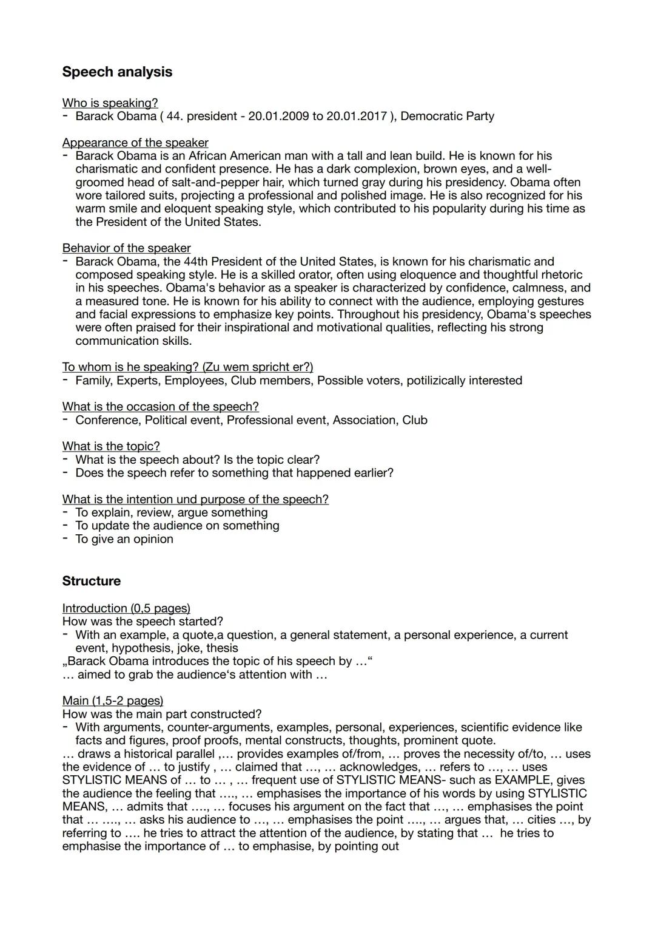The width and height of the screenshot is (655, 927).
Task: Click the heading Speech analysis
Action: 117,72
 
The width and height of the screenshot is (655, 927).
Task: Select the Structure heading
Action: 91,581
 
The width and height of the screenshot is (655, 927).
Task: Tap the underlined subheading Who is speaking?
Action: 110,103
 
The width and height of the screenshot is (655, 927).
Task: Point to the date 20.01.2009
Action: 278,116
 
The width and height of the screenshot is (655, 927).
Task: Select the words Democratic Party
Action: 447,116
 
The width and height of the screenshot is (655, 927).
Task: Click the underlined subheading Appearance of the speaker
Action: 135,143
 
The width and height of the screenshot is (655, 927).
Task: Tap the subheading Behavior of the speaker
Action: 126,248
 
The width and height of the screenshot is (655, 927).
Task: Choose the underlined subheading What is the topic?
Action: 111,446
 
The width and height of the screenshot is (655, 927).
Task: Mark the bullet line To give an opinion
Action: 124,539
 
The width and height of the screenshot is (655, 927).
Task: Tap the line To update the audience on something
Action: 177,526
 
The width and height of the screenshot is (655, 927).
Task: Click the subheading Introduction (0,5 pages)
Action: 126,608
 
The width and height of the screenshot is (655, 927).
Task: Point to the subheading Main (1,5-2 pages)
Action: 113,701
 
